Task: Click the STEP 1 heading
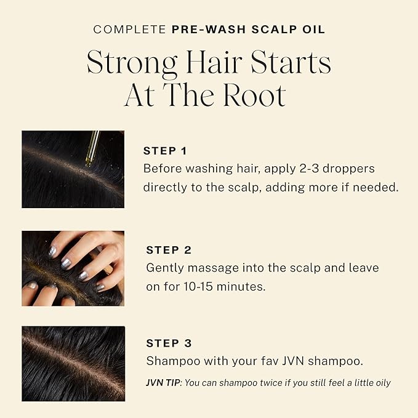click(165, 151)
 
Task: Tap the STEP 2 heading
click(169, 250)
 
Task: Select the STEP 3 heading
click(169, 343)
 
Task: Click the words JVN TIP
click(163, 382)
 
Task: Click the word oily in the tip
click(381, 382)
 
